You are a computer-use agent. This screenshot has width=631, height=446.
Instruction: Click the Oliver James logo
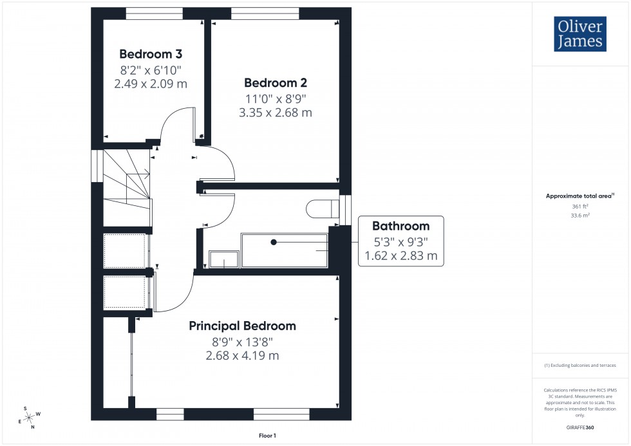[579, 35]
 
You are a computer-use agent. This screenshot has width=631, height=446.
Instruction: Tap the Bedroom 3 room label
[146, 54]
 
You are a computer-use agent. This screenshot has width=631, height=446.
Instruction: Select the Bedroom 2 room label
[275, 83]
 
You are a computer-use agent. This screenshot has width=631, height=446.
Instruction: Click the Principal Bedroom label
[242, 326]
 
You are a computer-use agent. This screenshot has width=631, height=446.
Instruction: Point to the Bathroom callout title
[400, 226]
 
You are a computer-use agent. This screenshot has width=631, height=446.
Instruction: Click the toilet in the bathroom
[323, 209]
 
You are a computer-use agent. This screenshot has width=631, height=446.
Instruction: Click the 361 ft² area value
[580, 206]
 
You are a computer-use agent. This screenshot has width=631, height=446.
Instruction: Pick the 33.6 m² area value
[580, 216]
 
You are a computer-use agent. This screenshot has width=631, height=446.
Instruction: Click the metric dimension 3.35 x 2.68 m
[275, 113]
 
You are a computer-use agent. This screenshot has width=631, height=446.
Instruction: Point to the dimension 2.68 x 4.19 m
[242, 355]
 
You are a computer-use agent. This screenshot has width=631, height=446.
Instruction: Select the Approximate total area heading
[579, 196]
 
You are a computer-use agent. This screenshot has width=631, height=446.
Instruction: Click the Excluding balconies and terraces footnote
[580, 365]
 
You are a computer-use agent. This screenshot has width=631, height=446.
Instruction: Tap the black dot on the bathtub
[274, 242]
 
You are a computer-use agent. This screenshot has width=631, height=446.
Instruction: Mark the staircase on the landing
[127, 187]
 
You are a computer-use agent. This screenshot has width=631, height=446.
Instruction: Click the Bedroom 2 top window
[265, 11]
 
